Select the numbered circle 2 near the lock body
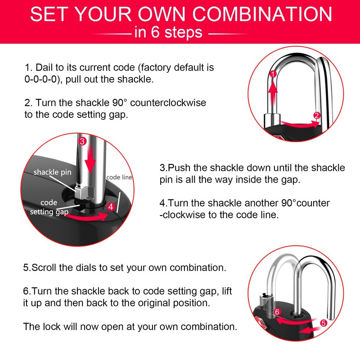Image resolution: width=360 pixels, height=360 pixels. [x=317, y=115]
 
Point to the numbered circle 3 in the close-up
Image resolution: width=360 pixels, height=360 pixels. [x=82, y=141]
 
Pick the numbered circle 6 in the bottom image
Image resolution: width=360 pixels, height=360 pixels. [x=278, y=311]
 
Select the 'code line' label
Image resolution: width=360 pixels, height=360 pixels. [x=119, y=177]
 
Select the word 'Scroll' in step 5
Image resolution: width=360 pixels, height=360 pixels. [x=44, y=267]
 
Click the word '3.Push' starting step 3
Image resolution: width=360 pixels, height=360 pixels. [x=173, y=168]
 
